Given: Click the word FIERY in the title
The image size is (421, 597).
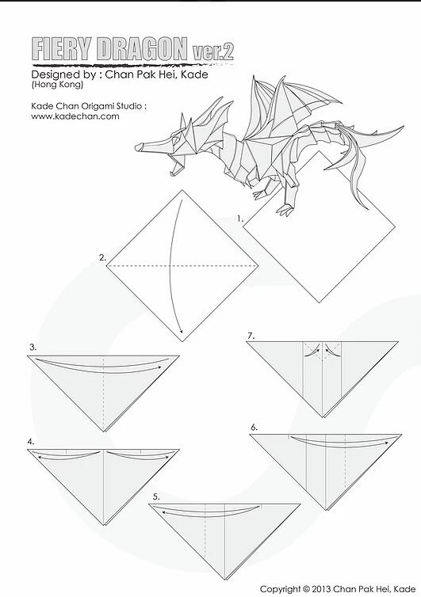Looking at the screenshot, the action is (x=62, y=49).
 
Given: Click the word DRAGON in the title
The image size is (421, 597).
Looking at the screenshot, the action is (x=142, y=49).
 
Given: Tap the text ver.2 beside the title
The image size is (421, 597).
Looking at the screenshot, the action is (x=212, y=52).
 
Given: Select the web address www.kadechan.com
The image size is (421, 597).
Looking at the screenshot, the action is (x=75, y=116).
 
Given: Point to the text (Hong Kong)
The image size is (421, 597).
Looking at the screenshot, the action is (x=57, y=85).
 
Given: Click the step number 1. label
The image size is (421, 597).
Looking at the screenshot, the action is (x=240, y=219).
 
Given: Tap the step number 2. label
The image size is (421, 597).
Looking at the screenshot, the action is (x=102, y=258).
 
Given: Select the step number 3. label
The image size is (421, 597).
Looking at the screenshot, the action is (x=33, y=347).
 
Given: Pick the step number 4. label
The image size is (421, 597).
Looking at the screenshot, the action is (x=31, y=442).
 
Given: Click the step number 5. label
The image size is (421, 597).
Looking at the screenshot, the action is (x=156, y=496).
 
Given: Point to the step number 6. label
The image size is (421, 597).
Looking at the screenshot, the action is (x=255, y=428).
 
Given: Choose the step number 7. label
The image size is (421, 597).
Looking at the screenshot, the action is (x=251, y=336).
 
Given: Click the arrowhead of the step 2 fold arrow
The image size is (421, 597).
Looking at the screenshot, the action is (x=182, y=330).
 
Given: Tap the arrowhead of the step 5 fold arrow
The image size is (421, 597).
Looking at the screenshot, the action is (x=163, y=512).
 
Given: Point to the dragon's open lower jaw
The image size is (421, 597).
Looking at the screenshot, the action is (x=175, y=168).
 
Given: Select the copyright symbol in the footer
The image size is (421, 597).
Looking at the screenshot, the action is (x=305, y=588).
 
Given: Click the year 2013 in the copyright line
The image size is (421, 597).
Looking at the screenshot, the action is (x=321, y=588).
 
